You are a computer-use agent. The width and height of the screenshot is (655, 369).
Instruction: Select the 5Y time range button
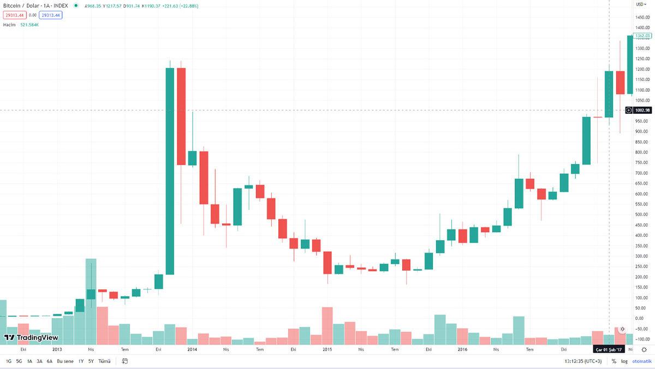91,361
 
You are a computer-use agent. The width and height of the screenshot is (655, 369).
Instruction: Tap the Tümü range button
104,361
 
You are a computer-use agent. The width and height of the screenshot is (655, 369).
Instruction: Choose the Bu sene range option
65,361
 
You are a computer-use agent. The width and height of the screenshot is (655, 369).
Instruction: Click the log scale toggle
624,361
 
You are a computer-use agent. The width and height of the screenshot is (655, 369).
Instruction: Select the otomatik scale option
642,361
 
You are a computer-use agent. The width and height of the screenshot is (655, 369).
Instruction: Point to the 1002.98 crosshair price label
643,110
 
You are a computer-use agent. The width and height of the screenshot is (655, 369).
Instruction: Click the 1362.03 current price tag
643,36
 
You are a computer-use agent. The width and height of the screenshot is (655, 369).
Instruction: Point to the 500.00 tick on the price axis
642,214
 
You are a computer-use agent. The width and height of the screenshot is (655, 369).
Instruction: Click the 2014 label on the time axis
192,349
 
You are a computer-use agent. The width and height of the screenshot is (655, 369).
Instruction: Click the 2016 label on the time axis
462,349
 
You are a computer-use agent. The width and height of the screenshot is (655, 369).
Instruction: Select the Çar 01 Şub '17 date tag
609,349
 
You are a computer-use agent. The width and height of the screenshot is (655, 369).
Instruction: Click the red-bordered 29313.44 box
14,15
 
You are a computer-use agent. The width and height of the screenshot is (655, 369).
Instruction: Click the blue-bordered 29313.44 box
50,15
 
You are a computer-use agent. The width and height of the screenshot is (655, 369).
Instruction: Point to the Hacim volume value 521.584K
30,25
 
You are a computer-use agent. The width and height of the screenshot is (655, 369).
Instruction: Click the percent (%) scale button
614,361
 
